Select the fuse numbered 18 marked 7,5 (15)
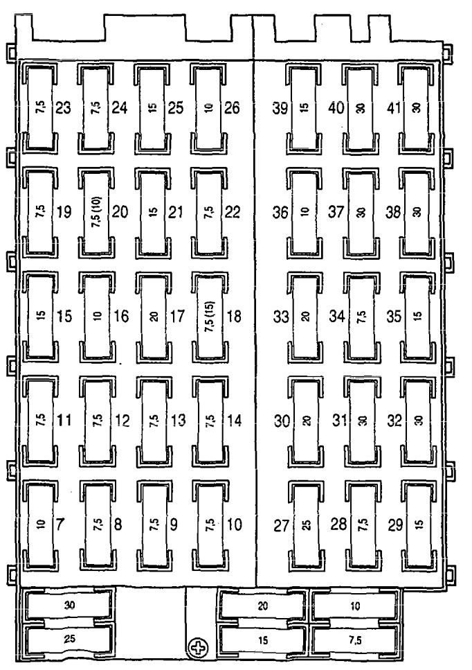point(210,317)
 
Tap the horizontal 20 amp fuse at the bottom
point(262,605)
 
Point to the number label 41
point(394,108)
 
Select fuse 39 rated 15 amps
point(303,108)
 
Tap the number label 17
point(176,317)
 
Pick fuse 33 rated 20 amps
point(304,317)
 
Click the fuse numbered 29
point(416,524)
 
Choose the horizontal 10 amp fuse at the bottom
point(354,605)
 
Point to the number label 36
point(280,213)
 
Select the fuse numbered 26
point(210,108)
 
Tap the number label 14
point(234,421)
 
